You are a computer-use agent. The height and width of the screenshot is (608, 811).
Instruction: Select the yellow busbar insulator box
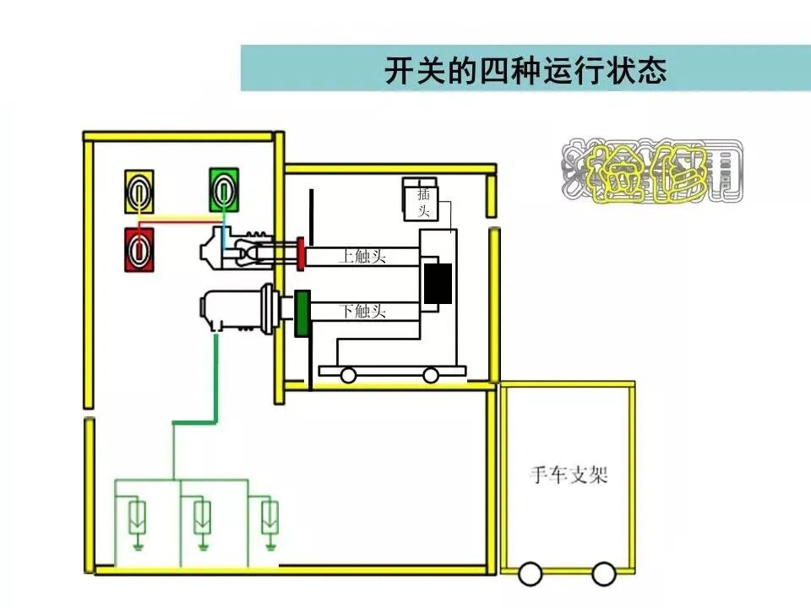click(139, 191)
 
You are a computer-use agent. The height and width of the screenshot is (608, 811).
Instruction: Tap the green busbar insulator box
click(224, 189)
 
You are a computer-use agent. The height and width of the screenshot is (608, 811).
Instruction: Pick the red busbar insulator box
click(139, 249)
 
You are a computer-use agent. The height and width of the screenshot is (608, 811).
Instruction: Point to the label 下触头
click(363, 312)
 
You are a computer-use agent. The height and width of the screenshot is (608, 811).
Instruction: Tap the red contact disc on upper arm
click(300, 255)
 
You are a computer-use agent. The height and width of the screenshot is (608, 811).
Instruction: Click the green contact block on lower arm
click(302, 312)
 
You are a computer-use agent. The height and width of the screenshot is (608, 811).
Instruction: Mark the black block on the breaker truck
click(438, 284)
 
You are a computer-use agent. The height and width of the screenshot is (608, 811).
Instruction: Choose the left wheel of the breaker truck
click(346, 375)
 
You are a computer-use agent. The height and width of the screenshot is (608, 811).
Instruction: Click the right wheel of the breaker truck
click(432, 375)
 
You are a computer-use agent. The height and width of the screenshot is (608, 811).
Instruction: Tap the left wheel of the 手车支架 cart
click(530, 575)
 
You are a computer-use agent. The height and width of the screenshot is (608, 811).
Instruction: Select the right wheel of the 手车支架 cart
click(601, 575)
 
